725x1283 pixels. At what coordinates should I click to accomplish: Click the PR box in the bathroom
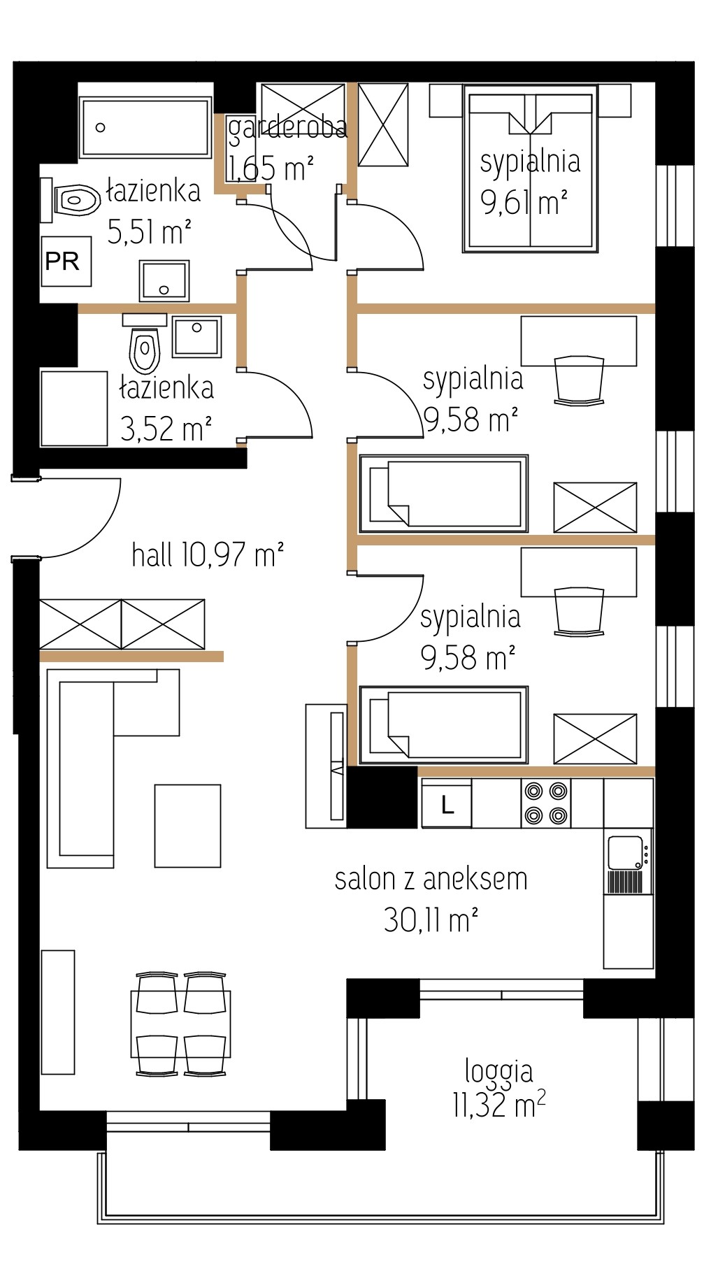click(66, 261)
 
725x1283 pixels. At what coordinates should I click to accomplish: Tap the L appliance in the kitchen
click(446, 803)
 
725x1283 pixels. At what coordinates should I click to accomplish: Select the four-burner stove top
click(546, 803)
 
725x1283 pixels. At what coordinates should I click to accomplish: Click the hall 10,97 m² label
click(208, 555)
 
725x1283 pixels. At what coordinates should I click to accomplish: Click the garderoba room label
click(287, 127)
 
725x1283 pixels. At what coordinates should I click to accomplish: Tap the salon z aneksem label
click(431, 879)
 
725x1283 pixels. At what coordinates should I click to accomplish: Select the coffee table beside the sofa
click(187, 826)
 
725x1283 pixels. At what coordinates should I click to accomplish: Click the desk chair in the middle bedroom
click(579, 381)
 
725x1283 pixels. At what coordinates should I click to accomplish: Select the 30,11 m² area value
click(431, 919)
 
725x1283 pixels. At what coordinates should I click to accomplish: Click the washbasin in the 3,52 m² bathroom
click(197, 336)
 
